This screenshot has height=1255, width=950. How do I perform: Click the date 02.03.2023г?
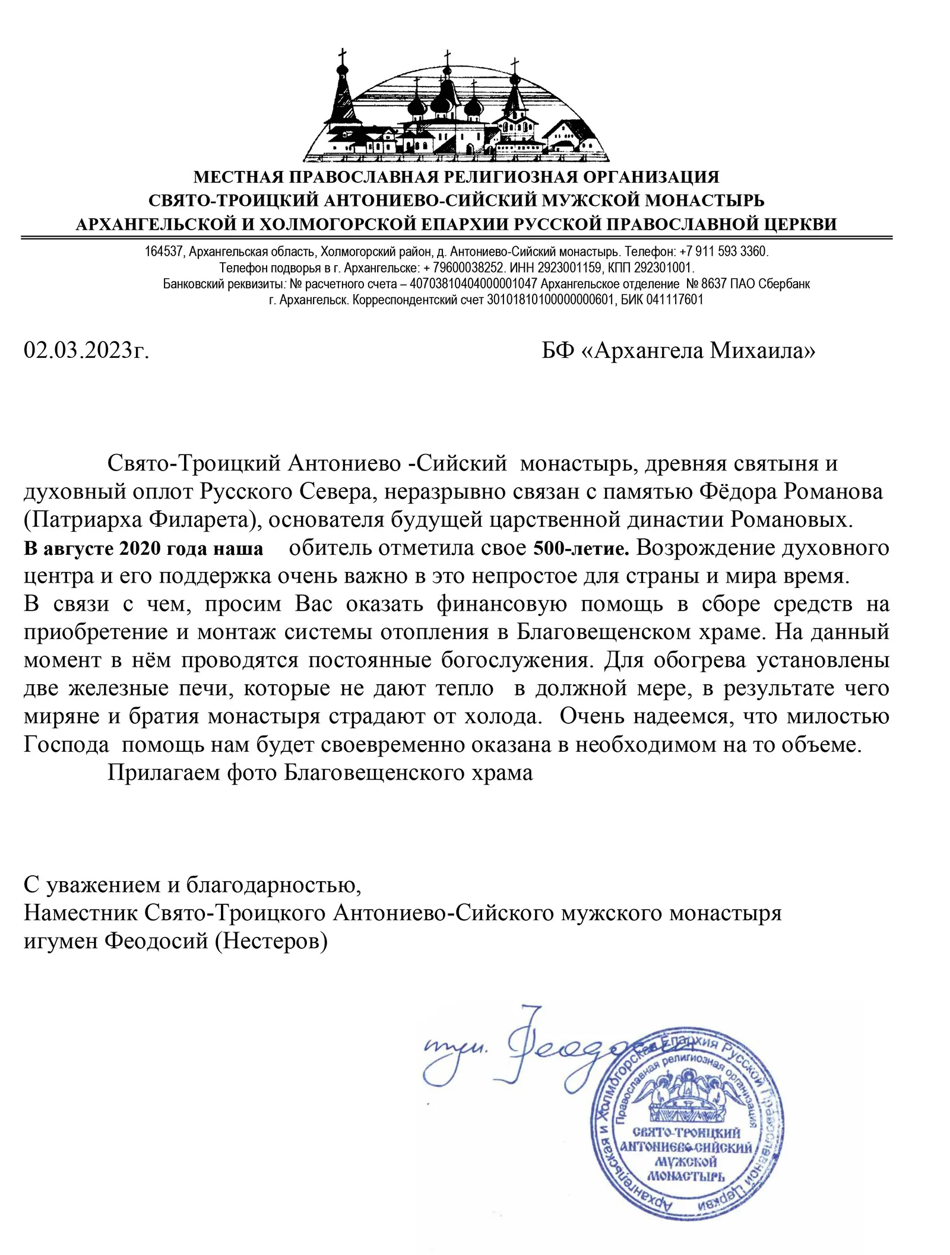click(x=86, y=351)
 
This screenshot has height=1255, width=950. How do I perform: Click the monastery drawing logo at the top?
click(x=455, y=107)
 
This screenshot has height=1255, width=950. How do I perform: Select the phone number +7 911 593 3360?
click(x=724, y=252)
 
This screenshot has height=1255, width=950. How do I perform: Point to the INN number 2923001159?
click(x=569, y=268)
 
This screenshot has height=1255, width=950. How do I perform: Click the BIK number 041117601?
click(x=674, y=300)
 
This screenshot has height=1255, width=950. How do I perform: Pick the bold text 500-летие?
click(x=581, y=548)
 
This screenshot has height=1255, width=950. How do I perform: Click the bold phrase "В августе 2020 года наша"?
click(x=143, y=548)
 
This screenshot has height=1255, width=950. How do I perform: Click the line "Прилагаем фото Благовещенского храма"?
click(x=319, y=773)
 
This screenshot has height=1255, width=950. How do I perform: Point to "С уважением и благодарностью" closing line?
click(x=192, y=885)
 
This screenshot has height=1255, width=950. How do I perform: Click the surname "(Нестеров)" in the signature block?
click(x=271, y=941)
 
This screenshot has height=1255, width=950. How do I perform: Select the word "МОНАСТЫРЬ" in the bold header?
click(x=704, y=201)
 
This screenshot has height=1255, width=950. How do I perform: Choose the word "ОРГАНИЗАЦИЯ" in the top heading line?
click(x=651, y=177)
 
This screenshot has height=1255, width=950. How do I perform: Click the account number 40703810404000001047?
click(x=473, y=284)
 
